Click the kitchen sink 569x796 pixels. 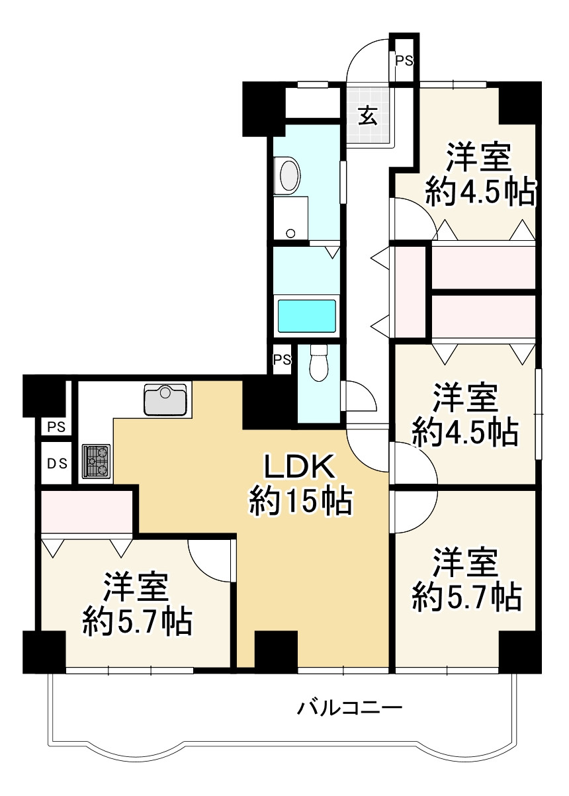click(166, 399)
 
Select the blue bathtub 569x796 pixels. click(306, 316)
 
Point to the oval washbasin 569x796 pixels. click(290, 176)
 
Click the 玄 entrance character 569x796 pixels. click(369, 116)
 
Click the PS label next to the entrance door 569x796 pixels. click(404, 61)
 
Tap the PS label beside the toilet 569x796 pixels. click(283, 360)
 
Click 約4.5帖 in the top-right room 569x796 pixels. click(480, 193)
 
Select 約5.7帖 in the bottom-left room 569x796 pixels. click(138, 622)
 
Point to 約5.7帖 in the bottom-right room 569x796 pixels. click(466, 597)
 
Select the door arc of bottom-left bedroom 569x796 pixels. click(210, 560)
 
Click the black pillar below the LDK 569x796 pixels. click(276, 652)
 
